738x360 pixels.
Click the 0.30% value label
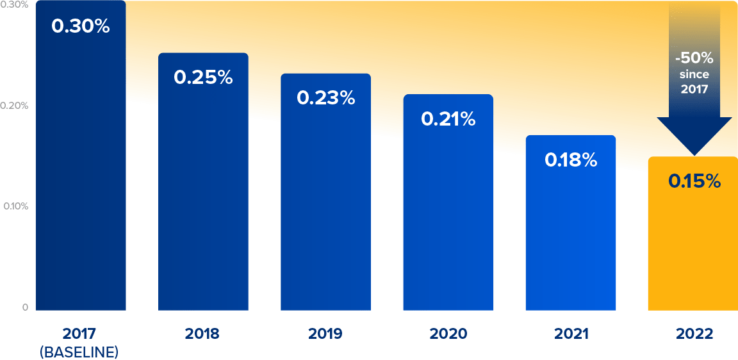[81, 27]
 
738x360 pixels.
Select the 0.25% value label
[203, 77]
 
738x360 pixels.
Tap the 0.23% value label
[325, 98]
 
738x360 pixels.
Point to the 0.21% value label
[448, 119]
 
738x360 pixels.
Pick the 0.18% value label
[571, 160]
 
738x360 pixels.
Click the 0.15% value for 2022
[694, 181]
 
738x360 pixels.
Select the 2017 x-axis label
[79, 334]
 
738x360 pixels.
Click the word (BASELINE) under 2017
[79, 352]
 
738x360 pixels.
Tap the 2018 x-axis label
[202, 334]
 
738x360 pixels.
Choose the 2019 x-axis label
[325, 334]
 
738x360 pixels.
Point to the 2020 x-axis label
[448, 334]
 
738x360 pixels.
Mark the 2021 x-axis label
[570, 334]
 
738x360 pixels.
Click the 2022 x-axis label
[694, 334]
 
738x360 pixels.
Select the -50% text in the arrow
[694, 58]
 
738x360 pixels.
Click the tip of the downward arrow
[694, 154]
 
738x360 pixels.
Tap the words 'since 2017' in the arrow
[694, 82]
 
